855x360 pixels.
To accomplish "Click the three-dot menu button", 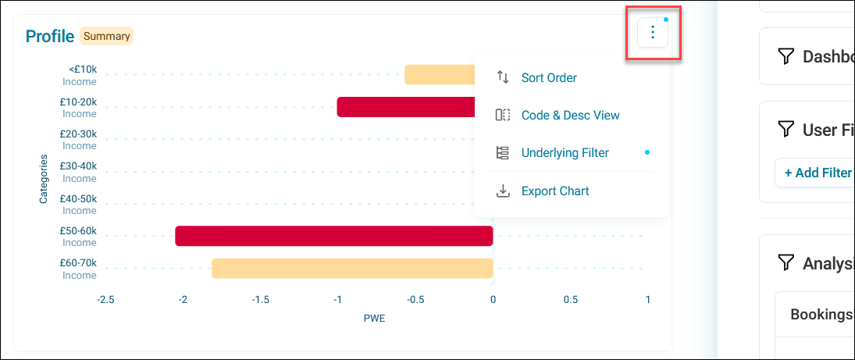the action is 652,33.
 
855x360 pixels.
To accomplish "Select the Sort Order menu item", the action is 549,77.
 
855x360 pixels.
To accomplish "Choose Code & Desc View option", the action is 570,115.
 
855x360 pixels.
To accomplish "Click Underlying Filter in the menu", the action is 565,153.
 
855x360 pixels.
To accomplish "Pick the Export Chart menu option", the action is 555,191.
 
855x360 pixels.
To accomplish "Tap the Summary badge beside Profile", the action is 106,37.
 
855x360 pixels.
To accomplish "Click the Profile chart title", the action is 50,37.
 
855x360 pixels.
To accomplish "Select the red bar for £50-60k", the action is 333,236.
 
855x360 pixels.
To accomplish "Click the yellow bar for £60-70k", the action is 352,269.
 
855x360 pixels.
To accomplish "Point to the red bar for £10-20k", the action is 406,107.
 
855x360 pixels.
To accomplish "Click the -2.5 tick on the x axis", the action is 105,299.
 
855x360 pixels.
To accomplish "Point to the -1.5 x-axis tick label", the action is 259,299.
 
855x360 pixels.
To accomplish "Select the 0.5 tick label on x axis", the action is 570,299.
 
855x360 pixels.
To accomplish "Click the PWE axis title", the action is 374,318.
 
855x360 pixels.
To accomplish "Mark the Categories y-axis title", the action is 43,179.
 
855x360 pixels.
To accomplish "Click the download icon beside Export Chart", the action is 502,191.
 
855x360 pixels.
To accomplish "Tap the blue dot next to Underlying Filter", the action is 647,153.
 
